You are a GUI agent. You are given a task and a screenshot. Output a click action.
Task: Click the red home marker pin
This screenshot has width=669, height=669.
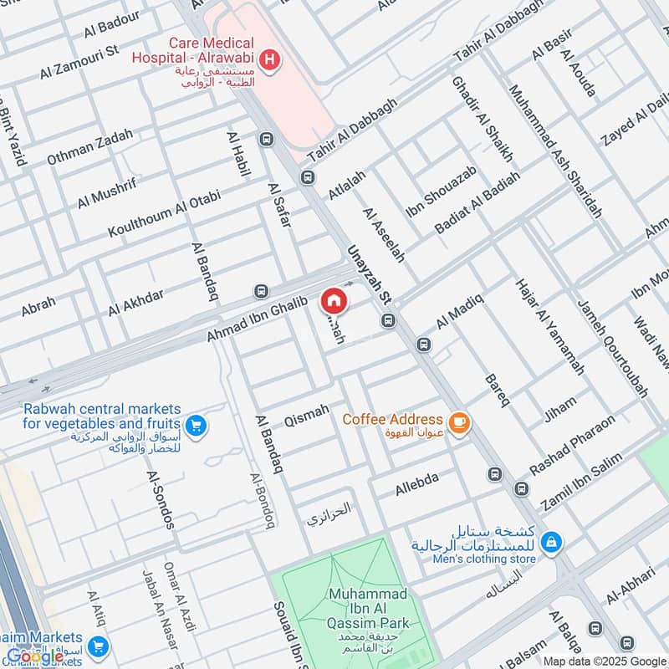[x=333, y=301]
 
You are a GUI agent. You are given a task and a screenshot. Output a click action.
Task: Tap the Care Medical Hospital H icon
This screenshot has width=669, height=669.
[x=270, y=59]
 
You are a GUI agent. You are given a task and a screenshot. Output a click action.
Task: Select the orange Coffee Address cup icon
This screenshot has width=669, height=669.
[x=457, y=424]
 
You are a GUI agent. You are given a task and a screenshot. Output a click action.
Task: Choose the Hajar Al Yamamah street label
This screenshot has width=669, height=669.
[x=549, y=325]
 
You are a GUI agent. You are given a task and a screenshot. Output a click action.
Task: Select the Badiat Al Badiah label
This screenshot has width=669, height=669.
[x=477, y=202]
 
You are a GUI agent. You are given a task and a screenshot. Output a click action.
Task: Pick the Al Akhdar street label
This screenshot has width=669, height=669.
[x=136, y=299]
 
